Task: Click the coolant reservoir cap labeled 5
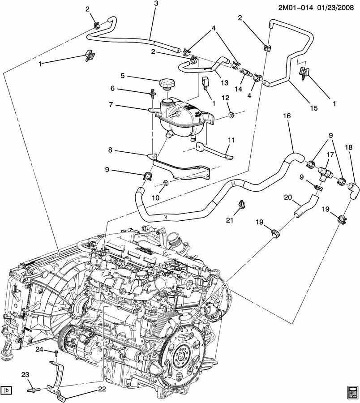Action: pos(167,84)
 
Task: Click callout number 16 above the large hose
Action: pos(287,116)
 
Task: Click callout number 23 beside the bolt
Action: pos(25,375)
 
